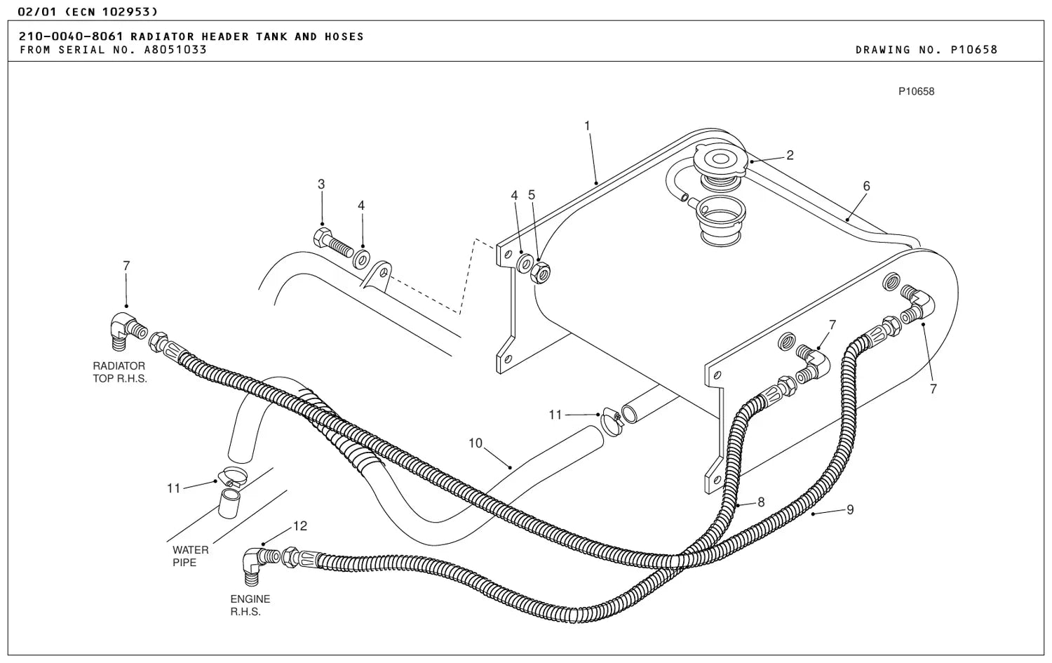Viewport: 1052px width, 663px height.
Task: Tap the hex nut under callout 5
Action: point(540,272)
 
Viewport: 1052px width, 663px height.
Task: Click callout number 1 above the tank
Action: point(587,126)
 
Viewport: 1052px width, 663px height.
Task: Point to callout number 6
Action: point(866,186)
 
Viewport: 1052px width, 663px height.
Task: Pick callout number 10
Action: point(476,443)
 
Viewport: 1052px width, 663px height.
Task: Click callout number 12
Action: point(300,525)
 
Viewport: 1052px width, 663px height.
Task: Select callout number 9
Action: point(850,510)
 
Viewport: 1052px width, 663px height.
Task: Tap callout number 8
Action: point(761,502)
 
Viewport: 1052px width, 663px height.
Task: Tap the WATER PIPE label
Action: point(190,556)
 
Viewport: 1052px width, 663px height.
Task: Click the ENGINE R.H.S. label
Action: point(250,605)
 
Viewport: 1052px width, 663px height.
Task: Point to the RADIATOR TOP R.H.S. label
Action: point(119,372)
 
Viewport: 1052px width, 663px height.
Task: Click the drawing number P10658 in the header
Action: point(973,49)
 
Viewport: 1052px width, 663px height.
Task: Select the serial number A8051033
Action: point(175,49)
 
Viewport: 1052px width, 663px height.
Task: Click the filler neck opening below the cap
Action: point(720,220)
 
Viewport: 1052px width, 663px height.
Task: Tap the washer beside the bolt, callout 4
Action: point(361,260)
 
